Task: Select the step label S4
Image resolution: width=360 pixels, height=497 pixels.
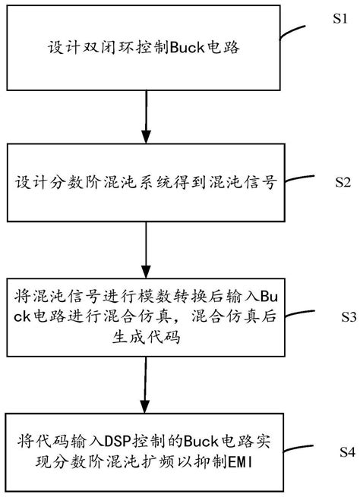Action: coord(342,452)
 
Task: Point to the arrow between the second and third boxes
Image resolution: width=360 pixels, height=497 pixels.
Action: coord(144,250)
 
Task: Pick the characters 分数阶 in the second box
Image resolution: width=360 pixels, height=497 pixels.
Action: coord(84,183)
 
